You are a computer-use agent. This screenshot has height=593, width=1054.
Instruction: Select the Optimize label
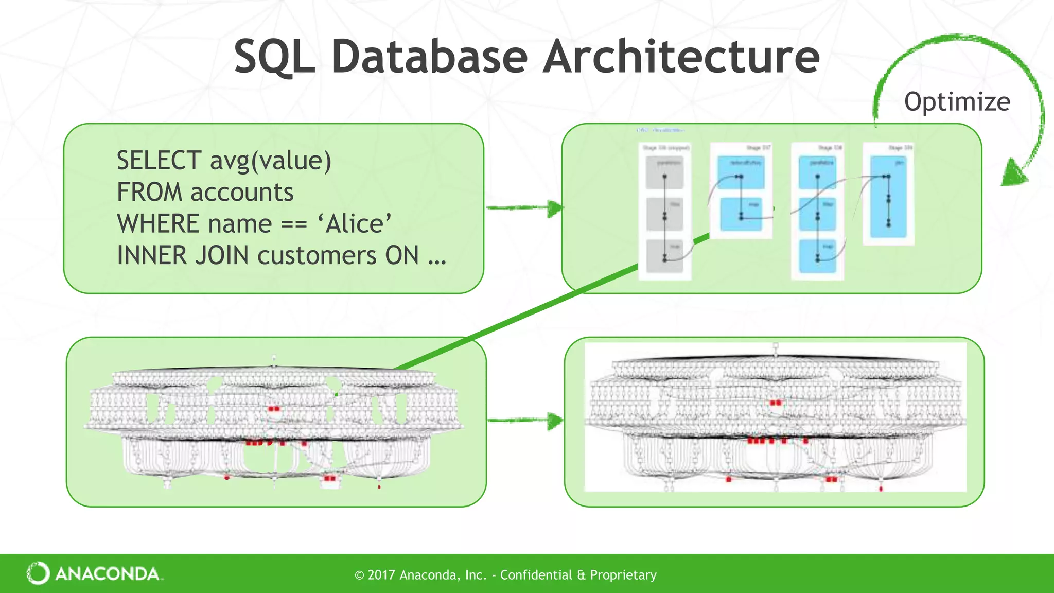957,101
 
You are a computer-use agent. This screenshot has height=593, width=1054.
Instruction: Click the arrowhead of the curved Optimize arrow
1013,173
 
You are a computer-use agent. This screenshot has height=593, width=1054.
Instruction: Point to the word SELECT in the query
159,161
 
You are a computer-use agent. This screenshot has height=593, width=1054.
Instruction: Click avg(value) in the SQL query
271,161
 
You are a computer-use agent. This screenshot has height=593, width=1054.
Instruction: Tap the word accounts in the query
242,193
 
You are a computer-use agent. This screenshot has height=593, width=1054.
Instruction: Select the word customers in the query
317,256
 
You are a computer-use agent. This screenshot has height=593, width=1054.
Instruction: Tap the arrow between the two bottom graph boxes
525,421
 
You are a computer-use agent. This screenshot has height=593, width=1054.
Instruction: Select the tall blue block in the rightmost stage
888,197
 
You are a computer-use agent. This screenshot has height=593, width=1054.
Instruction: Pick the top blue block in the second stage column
741,172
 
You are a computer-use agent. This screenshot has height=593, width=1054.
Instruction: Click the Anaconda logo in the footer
94,573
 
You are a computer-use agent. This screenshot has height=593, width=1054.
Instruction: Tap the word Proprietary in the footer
623,575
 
